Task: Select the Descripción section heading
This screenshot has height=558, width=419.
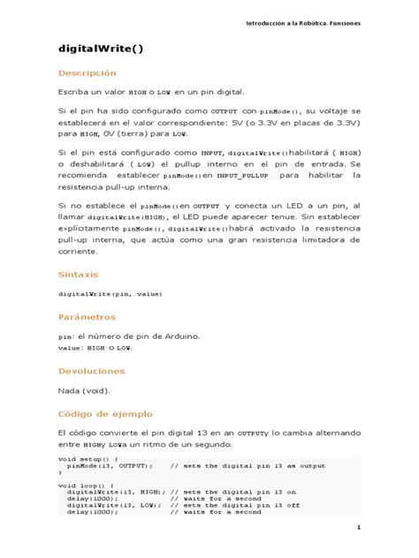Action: [87, 73]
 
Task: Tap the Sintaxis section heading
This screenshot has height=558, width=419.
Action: [79, 275]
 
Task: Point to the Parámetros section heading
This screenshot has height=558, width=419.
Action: [87, 316]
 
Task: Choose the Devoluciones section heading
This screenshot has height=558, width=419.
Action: [92, 372]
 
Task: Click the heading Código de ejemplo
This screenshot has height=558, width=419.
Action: [105, 413]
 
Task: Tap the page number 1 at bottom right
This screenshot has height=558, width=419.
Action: [360, 528]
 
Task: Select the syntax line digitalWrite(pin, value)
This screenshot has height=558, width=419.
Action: [110, 293]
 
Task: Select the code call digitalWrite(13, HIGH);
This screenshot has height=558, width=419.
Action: [115, 492]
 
